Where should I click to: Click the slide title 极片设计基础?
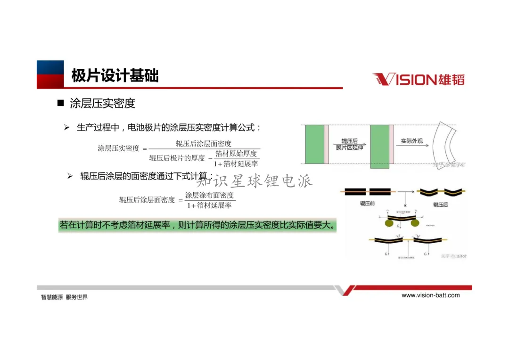point(115,75)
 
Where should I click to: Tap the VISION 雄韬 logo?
point(419,79)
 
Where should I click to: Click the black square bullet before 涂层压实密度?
point(60,103)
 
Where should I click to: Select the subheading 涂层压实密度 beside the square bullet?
point(103,103)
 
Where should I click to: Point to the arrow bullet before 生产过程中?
point(67,128)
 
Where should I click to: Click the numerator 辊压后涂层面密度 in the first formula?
point(204,144)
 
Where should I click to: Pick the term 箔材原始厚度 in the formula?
point(236,154)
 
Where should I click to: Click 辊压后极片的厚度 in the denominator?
point(177,158)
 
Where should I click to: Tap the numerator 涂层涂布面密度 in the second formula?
point(209,195)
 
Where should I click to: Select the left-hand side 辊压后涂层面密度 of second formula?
point(147,200)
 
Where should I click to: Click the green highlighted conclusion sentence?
point(198,225)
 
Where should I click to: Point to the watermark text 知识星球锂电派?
point(254,180)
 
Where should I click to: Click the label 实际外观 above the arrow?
point(412,141)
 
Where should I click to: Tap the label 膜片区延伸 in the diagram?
point(350,148)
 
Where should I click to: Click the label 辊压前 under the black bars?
point(367,204)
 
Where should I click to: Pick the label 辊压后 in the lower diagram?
point(440,205)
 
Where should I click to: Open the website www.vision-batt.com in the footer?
point(430,295)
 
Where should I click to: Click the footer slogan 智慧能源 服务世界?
point(65,297)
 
